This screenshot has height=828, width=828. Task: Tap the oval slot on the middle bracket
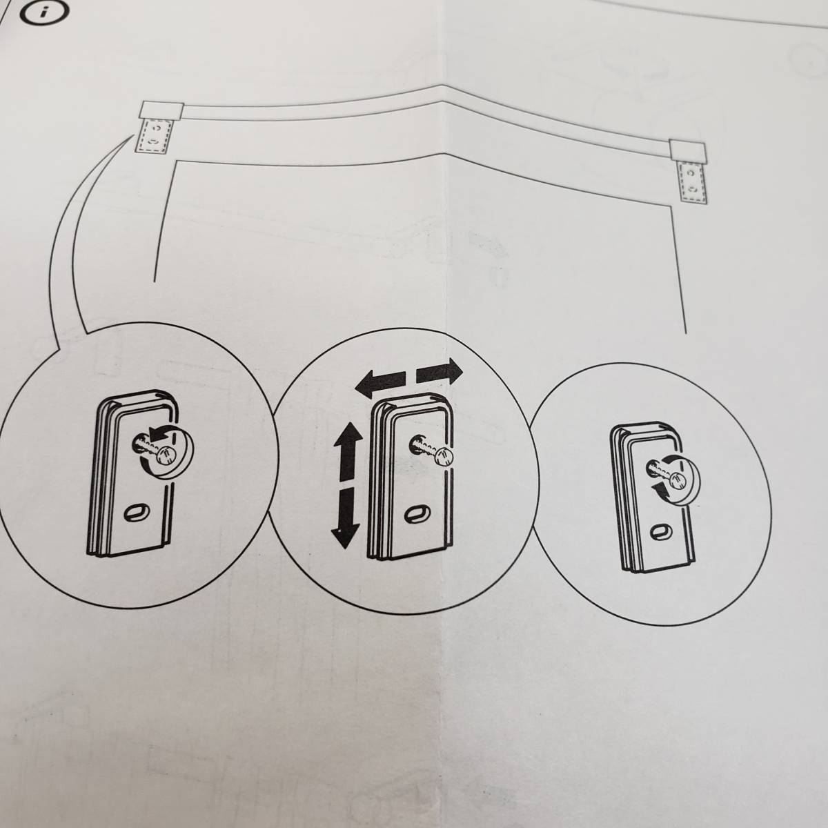pos(414,512)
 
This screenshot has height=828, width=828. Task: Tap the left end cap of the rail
pos(160,108)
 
